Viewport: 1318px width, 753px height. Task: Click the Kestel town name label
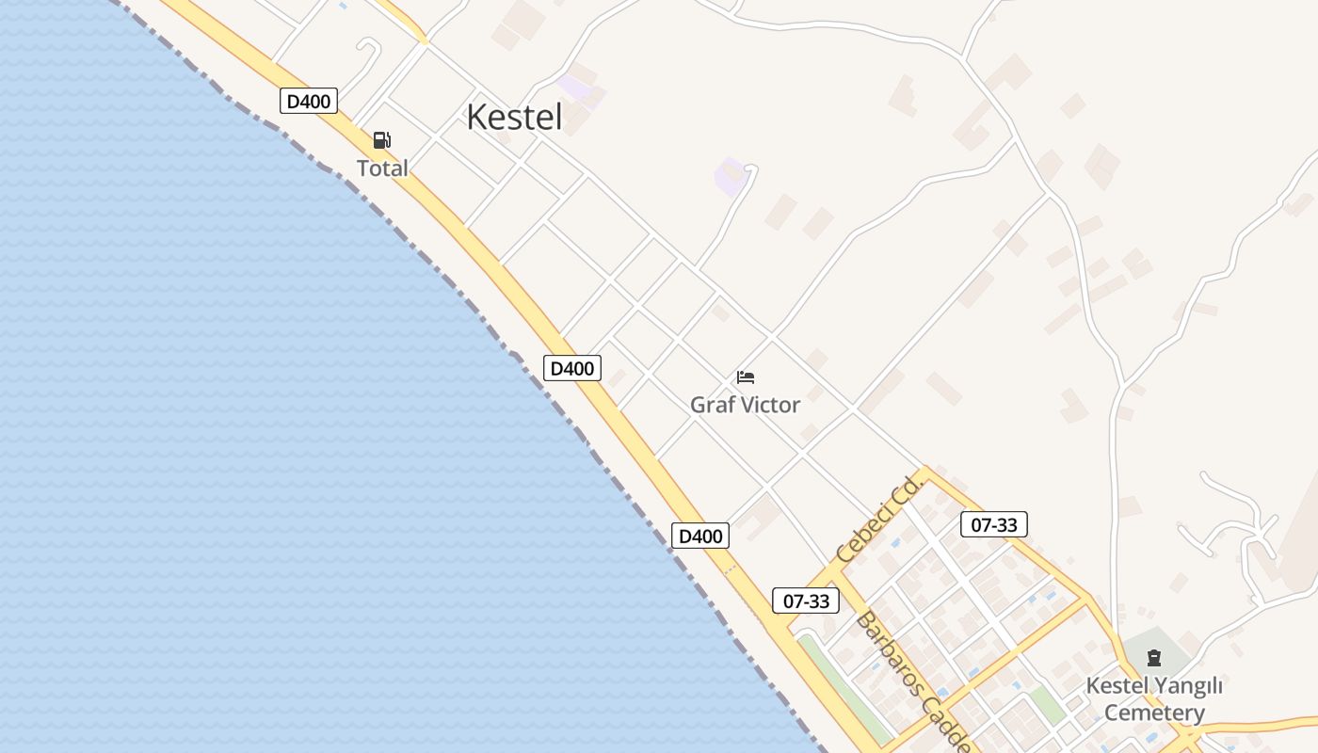coord(514,117)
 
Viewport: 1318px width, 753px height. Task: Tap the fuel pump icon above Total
coord(381,140)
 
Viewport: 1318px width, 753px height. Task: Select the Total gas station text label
coord(382,168)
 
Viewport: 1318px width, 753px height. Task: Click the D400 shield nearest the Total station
coord(309,101)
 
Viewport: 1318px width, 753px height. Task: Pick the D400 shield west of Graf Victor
coord(571,368)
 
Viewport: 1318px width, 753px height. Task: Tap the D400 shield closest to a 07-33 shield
coord(700,536)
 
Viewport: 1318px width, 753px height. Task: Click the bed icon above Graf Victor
coord(746,377)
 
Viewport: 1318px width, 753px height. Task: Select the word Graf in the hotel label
coord(710,405)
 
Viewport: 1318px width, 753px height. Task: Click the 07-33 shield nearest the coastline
coord(806,601)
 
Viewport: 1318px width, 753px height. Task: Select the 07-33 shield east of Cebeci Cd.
coord(994,524)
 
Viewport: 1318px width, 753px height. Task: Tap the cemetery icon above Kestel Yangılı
coord(1154,657)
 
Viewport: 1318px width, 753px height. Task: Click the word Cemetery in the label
coord(1154,713)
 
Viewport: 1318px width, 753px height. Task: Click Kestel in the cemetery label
coord(1117,685)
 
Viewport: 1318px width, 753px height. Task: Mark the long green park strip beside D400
coord(844,687)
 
